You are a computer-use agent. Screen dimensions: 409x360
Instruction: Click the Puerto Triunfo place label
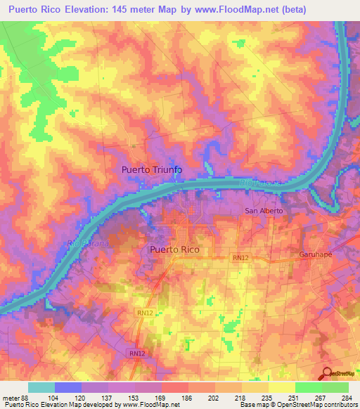(152, 169)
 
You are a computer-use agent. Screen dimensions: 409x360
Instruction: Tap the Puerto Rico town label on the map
(174, 249)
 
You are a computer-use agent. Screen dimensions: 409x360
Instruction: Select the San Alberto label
(263, 211)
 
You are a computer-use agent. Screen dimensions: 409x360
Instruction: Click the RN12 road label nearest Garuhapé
(240, 259)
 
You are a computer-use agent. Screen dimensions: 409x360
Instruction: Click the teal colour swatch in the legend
(41, 387)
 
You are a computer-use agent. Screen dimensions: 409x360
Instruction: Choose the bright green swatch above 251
(309, 387)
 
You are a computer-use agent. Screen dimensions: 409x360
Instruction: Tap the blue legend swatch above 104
(68, 387)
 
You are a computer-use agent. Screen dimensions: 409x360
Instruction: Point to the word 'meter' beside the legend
(11, 398)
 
